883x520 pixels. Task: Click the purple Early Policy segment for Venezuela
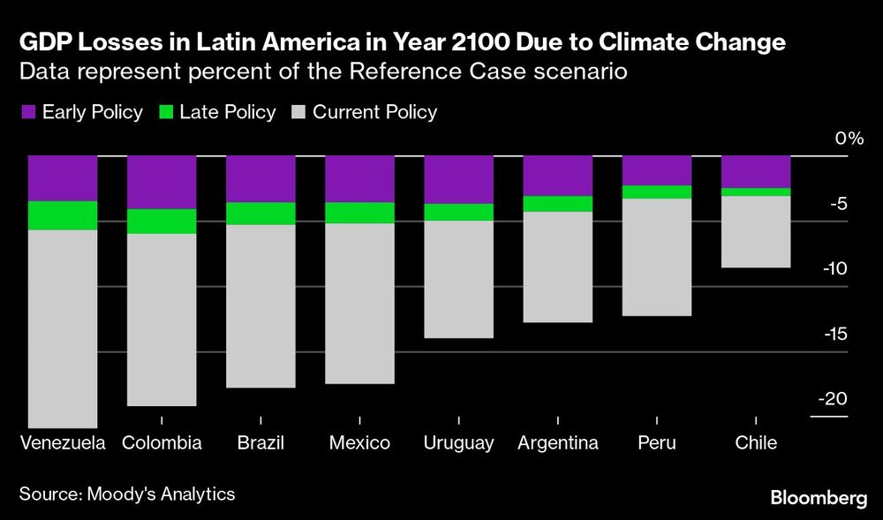pyautogui.click(x=62, y=178)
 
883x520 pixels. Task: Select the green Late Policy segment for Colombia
pyautogui.click(x=161, y=222)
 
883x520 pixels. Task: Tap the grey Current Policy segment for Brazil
pyautogui.click(x=260, y=306)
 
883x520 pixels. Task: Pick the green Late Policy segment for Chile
pyautogui.click(x=756, y=192)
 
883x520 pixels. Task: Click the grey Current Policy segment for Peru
pyautogui.click(x=657, y=257)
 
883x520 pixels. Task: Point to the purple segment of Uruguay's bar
pyautogui.click(x=458, y=179)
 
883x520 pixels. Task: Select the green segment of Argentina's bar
pyautogui.click(x=557, y=204)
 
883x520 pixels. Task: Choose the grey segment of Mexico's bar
pyautogui.click(x=359, y=304)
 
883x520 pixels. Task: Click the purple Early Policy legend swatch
pyautogui.click(x=27, y=112)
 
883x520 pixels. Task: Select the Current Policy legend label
pyautogui.click(x=374, y=112)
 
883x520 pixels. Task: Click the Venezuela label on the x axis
pyautogui.click(x=62, y=442)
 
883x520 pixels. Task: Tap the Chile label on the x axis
pyautogui.click(x=756, y=442)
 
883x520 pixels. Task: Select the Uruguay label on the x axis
pyautogui.click(x=458, y=442)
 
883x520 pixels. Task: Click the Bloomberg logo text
pyautogui.click(x=819, y=499)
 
